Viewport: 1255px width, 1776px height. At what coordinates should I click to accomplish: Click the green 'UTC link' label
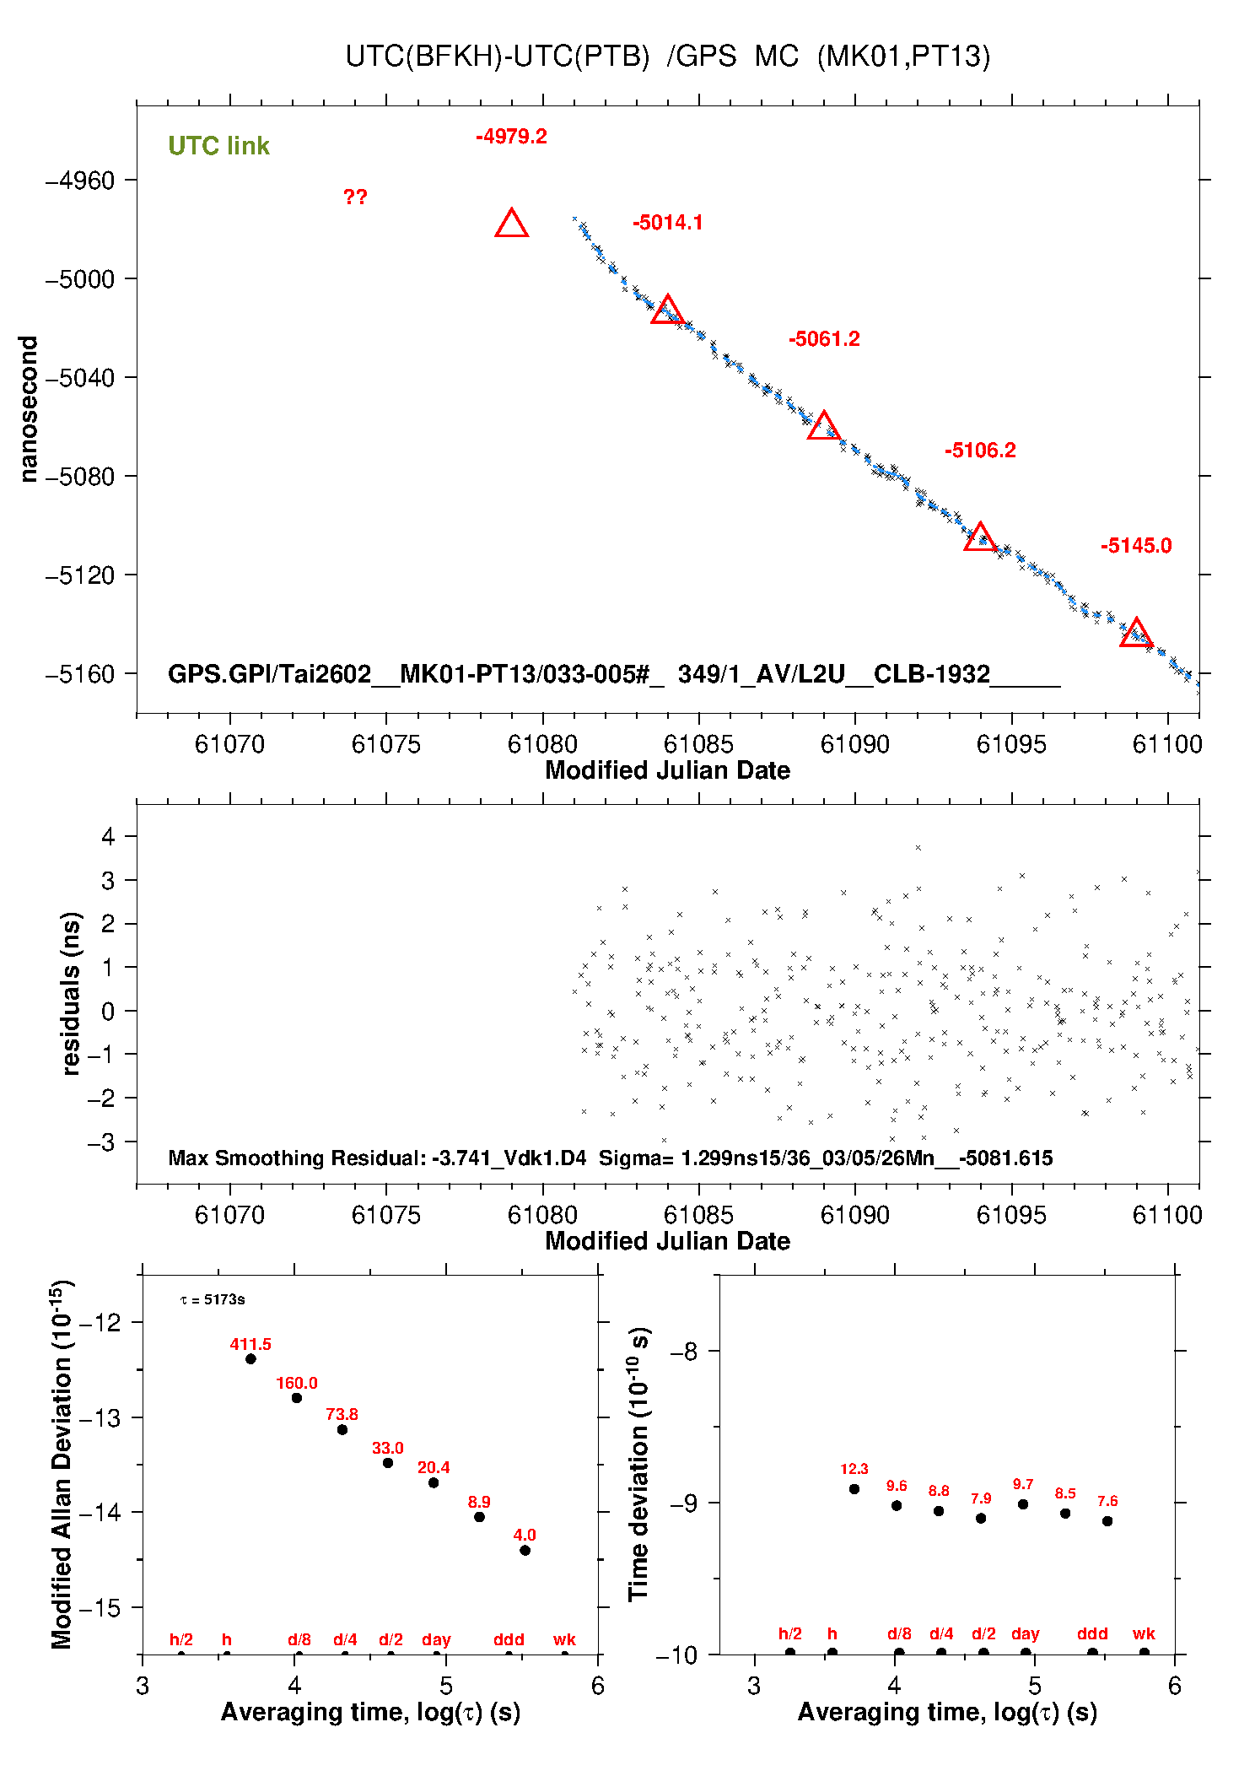pos(218,146)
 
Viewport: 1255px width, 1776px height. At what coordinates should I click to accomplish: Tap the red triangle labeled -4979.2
pos(512,224)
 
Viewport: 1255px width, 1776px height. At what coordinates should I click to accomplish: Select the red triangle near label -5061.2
pos(823,427)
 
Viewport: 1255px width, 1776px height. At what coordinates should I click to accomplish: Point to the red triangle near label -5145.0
pos(1136,633)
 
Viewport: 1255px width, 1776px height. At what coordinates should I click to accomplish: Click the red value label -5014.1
pos(667,223)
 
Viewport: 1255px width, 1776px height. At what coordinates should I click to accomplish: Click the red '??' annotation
pos(355,197)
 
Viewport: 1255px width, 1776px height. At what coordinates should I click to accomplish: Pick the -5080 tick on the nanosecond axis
pos(79,477)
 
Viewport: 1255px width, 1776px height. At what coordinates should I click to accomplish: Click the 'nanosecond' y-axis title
pos(29,409)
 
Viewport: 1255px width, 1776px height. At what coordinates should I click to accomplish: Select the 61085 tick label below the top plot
pos(698,744)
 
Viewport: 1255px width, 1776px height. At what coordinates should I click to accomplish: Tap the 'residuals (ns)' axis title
pos(71,993)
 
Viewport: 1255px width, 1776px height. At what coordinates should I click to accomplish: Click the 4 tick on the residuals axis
pos(108,837)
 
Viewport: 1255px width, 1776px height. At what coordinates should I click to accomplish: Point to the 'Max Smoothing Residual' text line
pos(610,1158)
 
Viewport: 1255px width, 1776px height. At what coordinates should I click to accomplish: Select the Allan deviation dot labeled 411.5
pos(250,1359)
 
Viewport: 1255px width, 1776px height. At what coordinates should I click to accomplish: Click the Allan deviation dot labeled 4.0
pos(525,1550)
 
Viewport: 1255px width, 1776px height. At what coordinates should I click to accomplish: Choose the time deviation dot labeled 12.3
pos(854,1489)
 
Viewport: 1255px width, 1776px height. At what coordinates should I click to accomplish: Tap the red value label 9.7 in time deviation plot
pos(1023,1484)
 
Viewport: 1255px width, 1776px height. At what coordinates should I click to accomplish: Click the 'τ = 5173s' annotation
pos(213,1299)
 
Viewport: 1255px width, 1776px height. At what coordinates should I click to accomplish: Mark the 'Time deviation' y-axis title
pos(638,1465)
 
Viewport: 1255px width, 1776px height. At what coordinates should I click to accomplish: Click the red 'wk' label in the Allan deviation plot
pos(564,1639)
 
